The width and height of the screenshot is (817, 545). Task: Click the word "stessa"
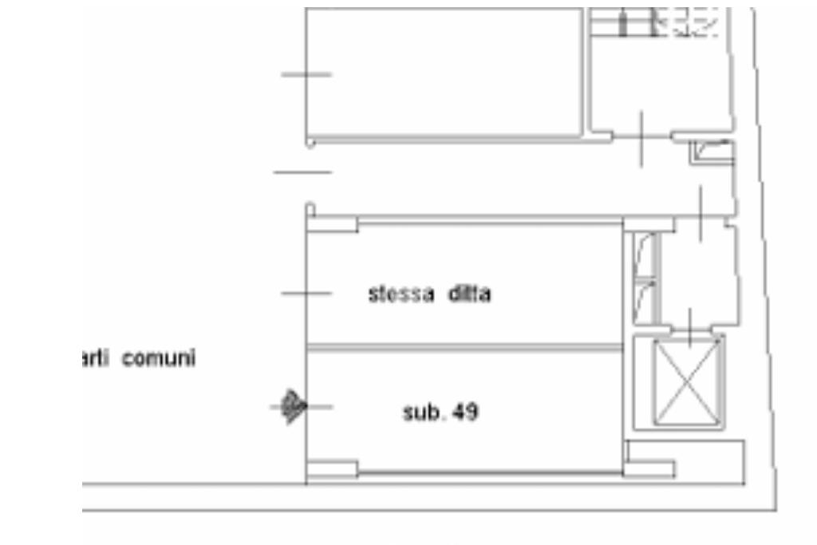pos(401,294)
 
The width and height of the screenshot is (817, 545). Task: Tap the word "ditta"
pos(469,294)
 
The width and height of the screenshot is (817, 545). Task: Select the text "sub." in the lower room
pos(420,413)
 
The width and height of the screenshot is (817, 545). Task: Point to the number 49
pos(465,413)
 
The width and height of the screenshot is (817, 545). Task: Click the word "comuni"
pos(159,359)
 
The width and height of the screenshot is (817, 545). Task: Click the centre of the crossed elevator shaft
pos(688,383)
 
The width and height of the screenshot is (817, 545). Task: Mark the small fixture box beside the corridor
pos(712,152)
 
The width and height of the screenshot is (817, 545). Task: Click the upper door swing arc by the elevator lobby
pos(645,255)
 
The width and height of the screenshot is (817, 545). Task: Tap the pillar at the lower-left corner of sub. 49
pos(331,469)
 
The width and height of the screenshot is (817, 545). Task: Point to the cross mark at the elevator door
pos(690,323)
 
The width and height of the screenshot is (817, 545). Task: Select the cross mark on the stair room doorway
pos(642,139)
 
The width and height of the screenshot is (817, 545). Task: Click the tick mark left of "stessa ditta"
pos(306,294)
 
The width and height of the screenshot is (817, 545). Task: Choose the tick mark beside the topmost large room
pos(306,75)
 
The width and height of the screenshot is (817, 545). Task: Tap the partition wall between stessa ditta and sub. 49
pos(463,347)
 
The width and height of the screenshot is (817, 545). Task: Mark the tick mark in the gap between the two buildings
pos(302,172)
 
